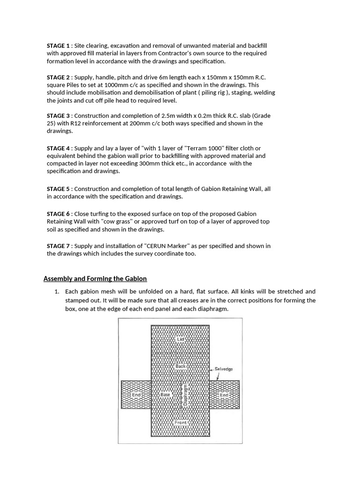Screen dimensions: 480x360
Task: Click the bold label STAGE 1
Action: click(59, 45)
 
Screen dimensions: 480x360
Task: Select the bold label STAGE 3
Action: click(59, 115)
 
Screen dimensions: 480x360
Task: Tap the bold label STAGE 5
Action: click(59, 188)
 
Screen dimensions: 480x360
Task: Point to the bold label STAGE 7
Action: click(59, 246)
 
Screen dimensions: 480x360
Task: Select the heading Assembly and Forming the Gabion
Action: click(95, 278)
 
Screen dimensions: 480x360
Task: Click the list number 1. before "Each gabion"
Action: click(57, 292)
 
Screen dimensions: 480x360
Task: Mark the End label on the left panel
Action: click(136, 395)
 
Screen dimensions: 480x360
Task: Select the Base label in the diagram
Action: click(166, 395)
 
